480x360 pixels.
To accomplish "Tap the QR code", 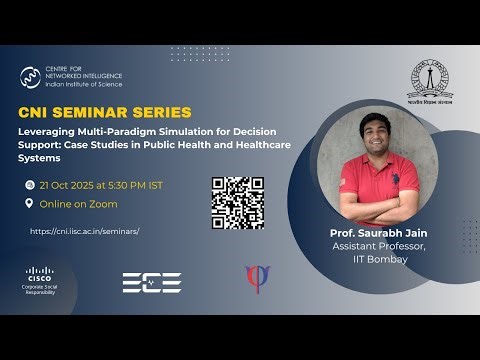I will pyautogui.click(x=237, y=203).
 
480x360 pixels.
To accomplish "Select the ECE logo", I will pyautogui.click(x=151, y=283).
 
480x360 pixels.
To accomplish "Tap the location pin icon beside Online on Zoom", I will pyautogui.click(x=28, y=204).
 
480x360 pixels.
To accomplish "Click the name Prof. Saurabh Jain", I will pyautogui.click(x=371, y=234).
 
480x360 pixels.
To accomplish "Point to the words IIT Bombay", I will pyautogui.click(x=371, y=259).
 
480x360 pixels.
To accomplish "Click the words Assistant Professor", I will pyautogui.click(x=371, y=247).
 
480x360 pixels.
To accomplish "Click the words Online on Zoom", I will pyautogui.click(x=78, y=204).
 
